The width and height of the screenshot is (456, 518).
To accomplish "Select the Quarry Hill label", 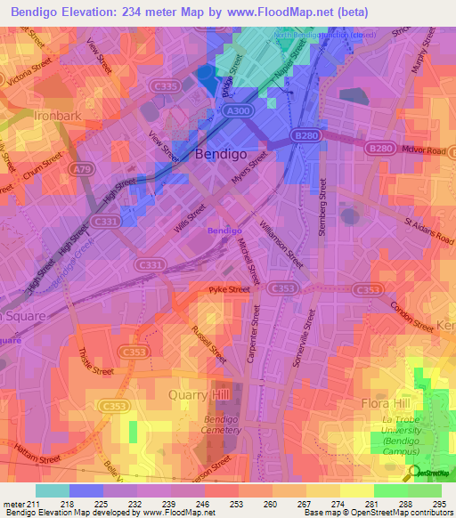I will point(199,394).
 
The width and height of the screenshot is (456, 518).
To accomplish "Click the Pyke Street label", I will point(230,289).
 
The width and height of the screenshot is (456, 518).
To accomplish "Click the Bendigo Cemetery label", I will point(223,425).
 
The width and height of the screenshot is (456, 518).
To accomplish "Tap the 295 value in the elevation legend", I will point(438,505).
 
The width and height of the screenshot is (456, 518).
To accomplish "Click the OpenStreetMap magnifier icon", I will point(414,473).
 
